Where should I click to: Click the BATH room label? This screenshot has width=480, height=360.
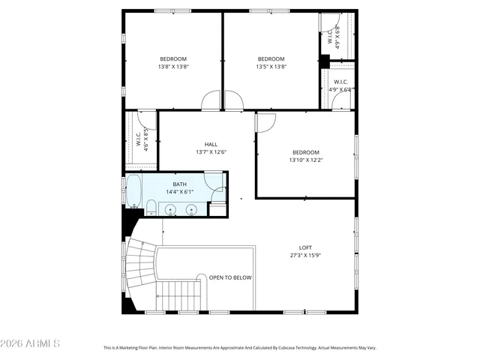coord(180,184)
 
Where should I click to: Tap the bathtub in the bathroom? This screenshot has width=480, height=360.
coord(133,190)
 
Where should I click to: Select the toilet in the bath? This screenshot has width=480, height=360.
coord(151,208)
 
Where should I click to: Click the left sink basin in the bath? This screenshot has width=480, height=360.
coord(171,210)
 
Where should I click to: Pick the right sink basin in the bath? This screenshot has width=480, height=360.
coord(191,210)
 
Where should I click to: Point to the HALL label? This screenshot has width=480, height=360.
coord(211,144)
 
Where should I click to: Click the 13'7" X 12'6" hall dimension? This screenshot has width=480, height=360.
coord(211,152)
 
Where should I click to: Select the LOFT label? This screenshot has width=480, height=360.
coord(305,247)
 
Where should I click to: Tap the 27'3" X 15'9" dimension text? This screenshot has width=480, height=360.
coord(305,255)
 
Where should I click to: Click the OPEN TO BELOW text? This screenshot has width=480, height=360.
coord(230,277)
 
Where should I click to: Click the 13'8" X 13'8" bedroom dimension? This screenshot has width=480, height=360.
coord(173,67)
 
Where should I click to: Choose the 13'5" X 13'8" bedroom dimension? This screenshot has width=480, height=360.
coord(271,67)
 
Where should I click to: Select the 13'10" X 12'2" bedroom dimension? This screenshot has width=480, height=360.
coord(305,160)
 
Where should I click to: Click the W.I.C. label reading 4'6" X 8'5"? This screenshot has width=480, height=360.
coord(142,140)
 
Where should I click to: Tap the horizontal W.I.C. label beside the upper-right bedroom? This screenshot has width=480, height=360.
coord(341,82)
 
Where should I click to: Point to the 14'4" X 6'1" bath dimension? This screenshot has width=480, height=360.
coord(180,192)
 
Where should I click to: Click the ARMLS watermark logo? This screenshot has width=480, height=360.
coord(31,343)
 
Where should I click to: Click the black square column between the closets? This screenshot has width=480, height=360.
coord(325,61)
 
